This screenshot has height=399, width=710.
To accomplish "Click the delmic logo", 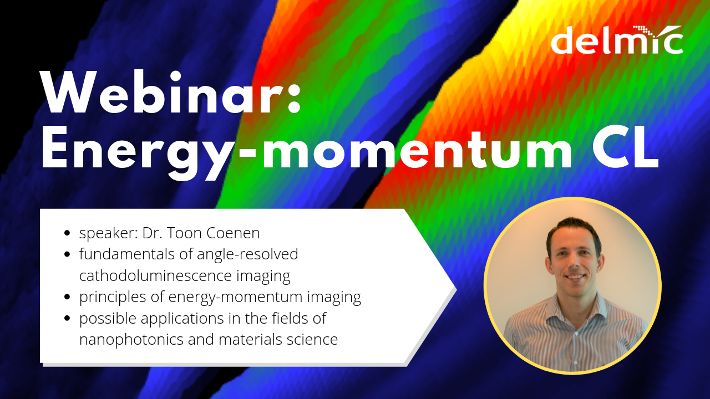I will click(x=617, y=40).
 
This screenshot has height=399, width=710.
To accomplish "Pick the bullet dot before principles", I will click(x=67, y=298).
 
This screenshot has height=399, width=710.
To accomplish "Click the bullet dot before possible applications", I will click(x=67, y=319).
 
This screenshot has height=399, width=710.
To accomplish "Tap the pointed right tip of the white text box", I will click(x=454, y=288).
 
